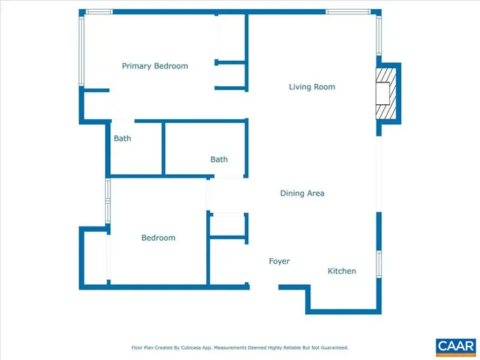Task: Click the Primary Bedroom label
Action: (x=154, y=66)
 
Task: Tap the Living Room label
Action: (x=312, y=87)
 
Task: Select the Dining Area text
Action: (x=302, y=193)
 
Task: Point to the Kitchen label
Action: (x=341, y=271)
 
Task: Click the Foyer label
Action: (x=279, y=261)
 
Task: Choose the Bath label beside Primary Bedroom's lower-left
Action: (x=122, y=138)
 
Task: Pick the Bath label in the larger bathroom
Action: (x=219, y=159)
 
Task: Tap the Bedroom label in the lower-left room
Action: (x=158, y=238)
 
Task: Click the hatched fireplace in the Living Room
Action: (x=384, y=93)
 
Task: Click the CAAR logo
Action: (x=455, y=346)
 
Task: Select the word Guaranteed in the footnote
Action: (x=333, y=348)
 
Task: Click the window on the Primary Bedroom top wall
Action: (x=97, y=12)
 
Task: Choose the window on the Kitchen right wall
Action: (x=379, y=264)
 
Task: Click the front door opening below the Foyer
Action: (x=263, y=286)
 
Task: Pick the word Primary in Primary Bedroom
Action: (x=136, y=66)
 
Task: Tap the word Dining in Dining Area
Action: (x=292, y=193)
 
